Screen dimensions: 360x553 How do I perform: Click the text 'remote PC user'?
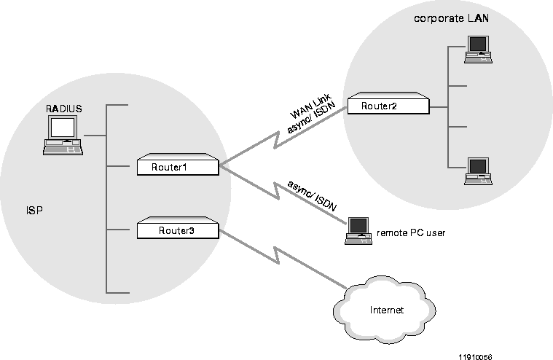[x=410, y=234]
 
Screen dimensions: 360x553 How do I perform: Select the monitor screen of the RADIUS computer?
[x=62, y=128]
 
